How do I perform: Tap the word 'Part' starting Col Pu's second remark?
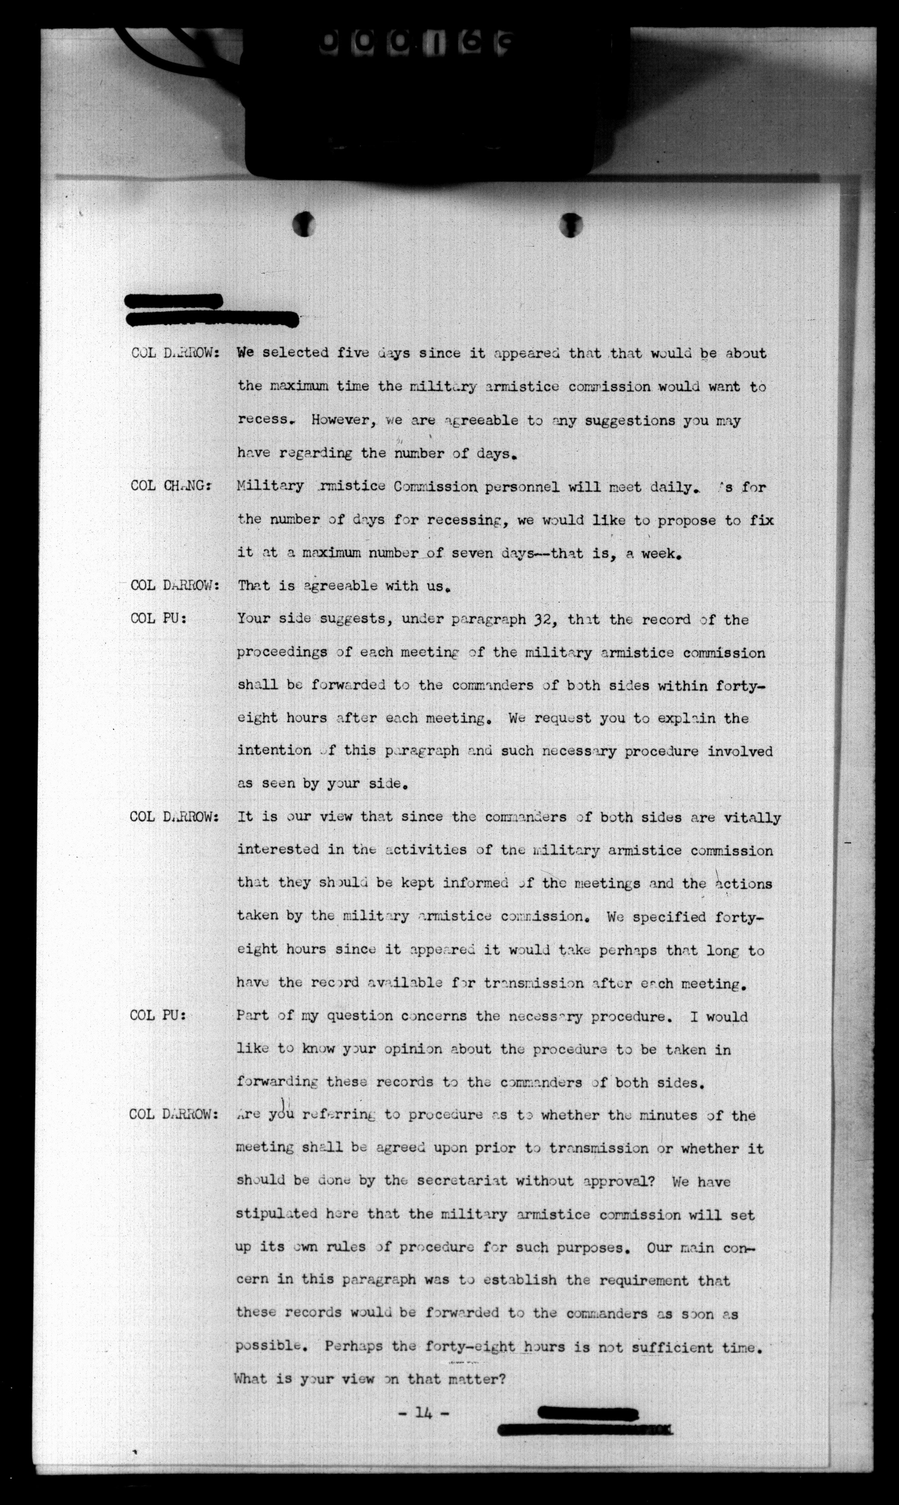[252, 1016]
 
